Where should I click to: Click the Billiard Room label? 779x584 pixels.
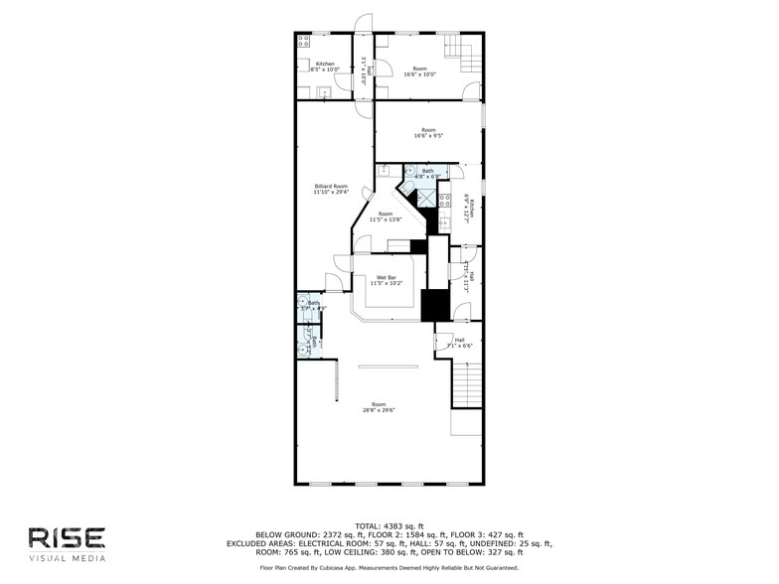point(331,189)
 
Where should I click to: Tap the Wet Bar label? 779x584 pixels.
point(386,280)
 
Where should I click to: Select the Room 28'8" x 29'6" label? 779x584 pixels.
point(379,407)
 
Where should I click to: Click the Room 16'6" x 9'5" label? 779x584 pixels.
point(428,133)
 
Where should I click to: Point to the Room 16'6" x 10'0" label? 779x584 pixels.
point(419,72)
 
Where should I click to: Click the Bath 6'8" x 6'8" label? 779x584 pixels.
point(427,174)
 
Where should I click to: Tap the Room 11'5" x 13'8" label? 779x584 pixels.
point(385,217)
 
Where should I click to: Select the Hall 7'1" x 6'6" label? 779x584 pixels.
point(460,343)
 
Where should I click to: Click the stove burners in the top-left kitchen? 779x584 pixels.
point(302,43)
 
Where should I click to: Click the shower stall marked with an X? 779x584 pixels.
point(427,199)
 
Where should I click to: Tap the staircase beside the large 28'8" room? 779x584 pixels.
point(466,384)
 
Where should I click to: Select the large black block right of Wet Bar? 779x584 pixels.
point(435,305)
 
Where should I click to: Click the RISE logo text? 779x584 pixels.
point(67,537)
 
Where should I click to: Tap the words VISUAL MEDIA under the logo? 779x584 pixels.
point(67,559)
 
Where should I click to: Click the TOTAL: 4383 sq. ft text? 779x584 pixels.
point(389,526)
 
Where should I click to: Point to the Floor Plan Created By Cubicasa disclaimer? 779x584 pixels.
point(389,568)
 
